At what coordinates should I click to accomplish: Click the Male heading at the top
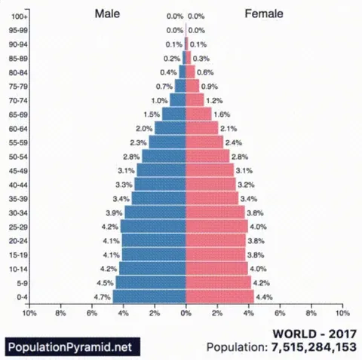(x=107, y=14)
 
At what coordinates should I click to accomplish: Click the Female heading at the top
(x=262, y=14)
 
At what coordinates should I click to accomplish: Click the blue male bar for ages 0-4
(x=149, y=297)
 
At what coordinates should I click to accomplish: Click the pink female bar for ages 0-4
(x=219, y=297)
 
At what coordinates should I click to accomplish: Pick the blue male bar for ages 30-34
(x=155, y=213)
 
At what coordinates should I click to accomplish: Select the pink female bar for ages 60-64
(x=201, y=129)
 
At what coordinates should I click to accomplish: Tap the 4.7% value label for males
(x=103, y=297)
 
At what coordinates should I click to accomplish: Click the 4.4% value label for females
(x=265, y=297)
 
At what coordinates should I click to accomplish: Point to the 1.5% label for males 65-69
(x=151, y=114)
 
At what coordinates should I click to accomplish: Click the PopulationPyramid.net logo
(x=63, y=347)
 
